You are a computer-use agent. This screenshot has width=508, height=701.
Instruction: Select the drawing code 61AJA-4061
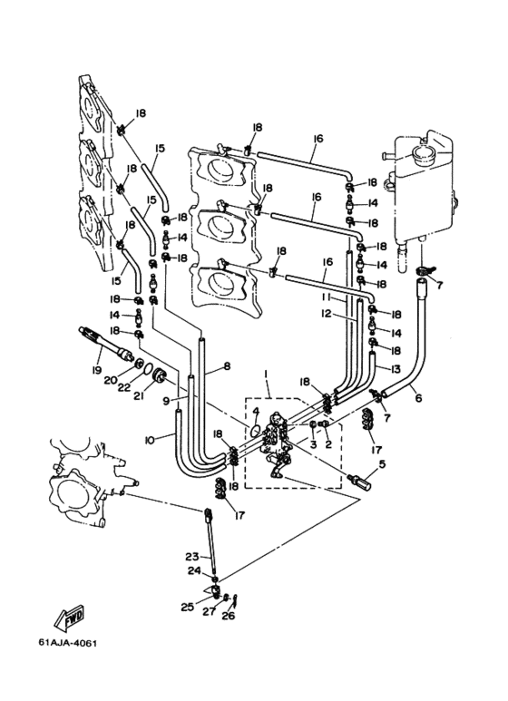click(x=67, y=643)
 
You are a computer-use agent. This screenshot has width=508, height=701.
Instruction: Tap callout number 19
click(x=96, y=370)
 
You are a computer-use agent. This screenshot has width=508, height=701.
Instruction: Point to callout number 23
click(x=192, y=557)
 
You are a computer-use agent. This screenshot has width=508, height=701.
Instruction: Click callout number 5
click(x=381, y=463)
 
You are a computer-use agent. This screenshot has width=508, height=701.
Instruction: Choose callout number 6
click(x=418, y=397)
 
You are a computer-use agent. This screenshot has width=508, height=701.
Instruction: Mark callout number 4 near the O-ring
click(x=255, y=411)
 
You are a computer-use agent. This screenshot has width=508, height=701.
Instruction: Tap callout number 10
click(x=150, y=441)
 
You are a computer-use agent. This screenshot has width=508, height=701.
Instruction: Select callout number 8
click(x=227, y=366)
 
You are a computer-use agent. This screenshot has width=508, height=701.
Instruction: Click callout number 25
click(x=188, y=607)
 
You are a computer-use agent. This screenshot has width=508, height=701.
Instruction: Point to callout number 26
click(x=228, y=616)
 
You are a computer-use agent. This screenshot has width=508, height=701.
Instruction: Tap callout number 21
click(x=138, y=395)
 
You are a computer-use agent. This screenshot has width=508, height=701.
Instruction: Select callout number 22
click(x=124, y=387)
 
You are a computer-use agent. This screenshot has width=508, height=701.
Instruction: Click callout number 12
click(x=326, y=314)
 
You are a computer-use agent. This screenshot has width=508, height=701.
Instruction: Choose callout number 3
click(x=313, y=444)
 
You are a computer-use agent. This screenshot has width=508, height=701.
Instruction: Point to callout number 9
click(x=166, y=401)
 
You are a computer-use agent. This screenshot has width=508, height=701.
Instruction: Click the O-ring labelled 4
click(x=255, y=431)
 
